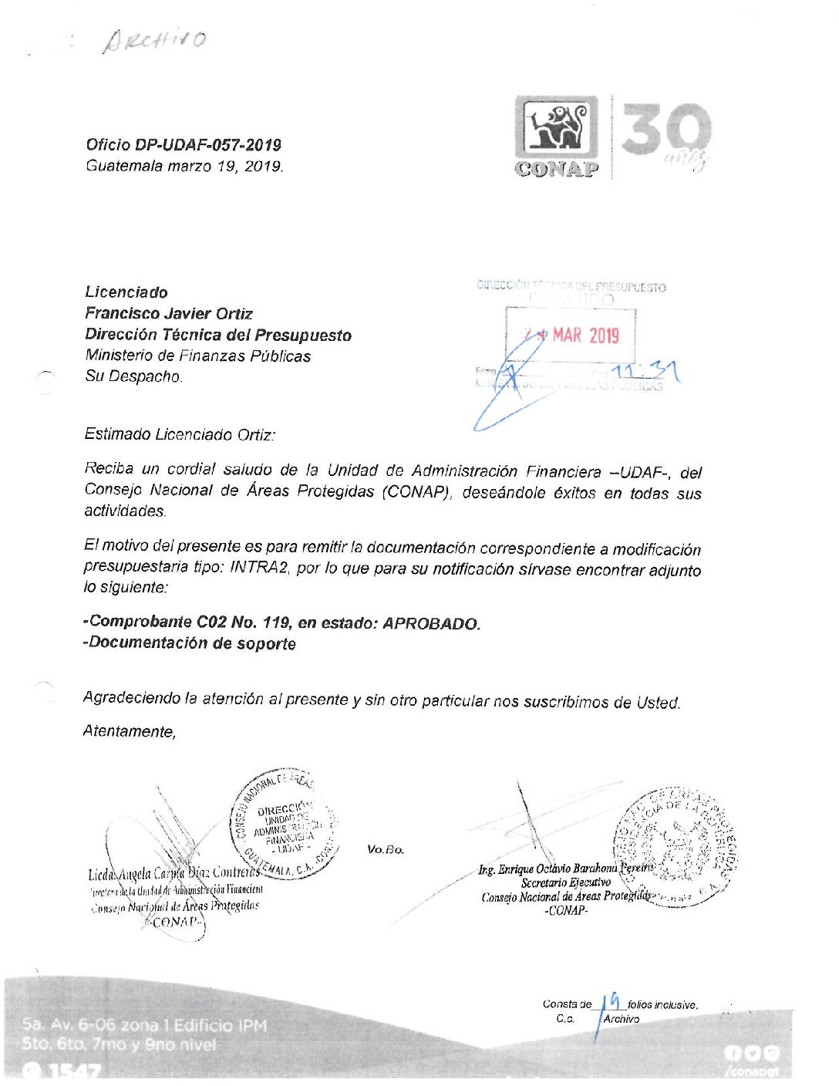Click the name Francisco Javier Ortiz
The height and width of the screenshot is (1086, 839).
point(169,314)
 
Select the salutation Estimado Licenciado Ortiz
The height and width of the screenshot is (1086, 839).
point(180,434)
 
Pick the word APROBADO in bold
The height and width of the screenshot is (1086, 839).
point(431,623)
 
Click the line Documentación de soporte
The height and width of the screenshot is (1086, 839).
point(190,643)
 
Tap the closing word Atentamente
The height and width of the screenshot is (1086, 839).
point(129,731)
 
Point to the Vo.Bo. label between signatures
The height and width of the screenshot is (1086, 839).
point(386,849)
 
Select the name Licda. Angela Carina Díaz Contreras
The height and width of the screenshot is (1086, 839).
point(174,873)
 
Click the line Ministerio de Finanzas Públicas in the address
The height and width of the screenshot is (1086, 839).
point(198,356)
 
